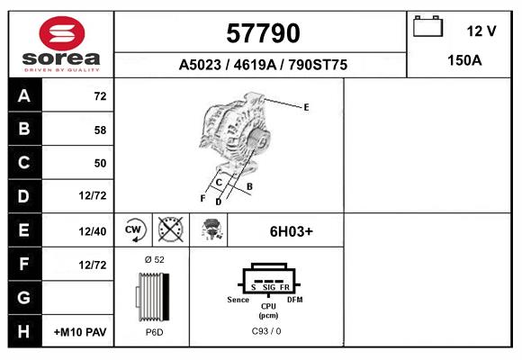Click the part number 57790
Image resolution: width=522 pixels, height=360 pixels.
(x=261, y=33)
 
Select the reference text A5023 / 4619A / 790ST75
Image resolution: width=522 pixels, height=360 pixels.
(x=262, y=66)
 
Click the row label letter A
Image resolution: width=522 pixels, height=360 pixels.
(x=24, y=96)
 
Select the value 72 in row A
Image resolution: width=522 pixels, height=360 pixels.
(x=100, y=96)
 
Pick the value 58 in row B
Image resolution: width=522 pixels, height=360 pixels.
(x=100, y=130)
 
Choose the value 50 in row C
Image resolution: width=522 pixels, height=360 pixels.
(x=100, y=163)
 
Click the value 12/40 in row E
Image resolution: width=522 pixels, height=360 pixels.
(x=93, y=231)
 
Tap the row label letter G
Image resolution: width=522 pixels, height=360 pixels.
(x=24, y=298)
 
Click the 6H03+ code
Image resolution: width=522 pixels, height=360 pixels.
(x=292, y=230)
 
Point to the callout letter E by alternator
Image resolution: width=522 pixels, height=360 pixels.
(x=306, y=107)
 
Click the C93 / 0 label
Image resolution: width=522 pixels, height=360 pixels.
(x=267, y=331)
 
